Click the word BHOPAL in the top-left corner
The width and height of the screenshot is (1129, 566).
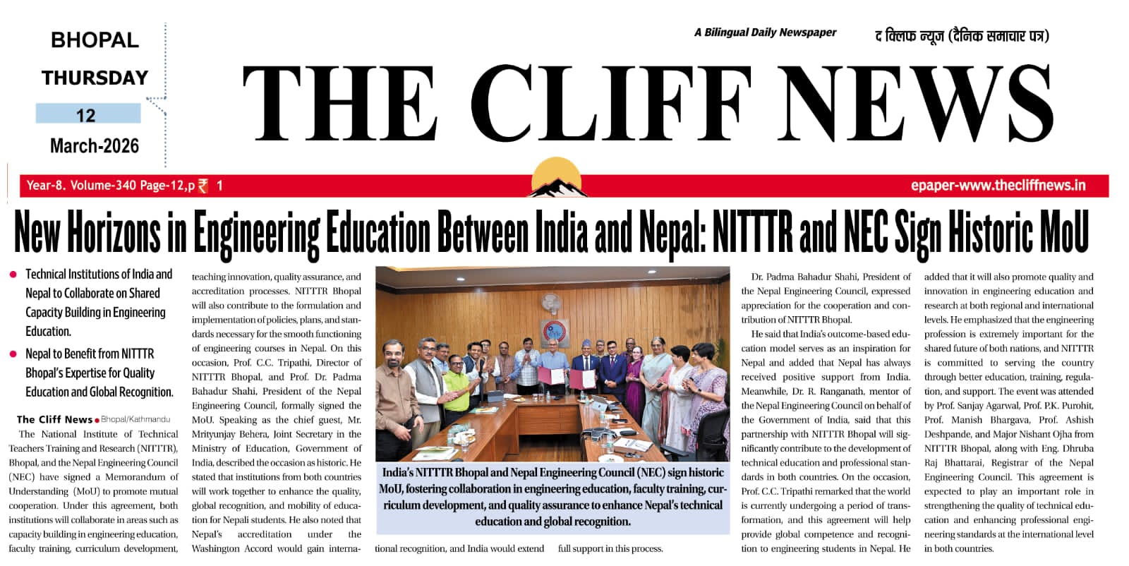(x=95, y=40)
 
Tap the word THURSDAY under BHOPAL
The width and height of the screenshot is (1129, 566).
(x=95, y=78)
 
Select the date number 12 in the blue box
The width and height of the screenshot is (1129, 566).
(x=86, y=115)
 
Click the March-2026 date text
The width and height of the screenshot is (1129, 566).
(x=95, y=146)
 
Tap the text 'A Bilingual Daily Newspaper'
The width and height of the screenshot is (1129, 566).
(x=765, y=32)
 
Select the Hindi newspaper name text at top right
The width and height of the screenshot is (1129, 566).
(x=962, y=35)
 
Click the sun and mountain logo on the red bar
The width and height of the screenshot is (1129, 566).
(x=559, y=179)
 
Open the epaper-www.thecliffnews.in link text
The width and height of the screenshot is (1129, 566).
(x=998, y=186)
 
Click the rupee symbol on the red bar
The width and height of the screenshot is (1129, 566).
(x=203, y=186)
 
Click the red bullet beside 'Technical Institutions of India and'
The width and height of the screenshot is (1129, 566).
(x=13, y=275)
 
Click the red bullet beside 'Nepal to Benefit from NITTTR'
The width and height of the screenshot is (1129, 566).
(x=13, y=354)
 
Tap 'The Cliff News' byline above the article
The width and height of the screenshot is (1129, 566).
(x=54, y=419)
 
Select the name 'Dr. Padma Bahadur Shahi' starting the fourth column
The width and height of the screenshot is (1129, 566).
(x=804, y=277)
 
